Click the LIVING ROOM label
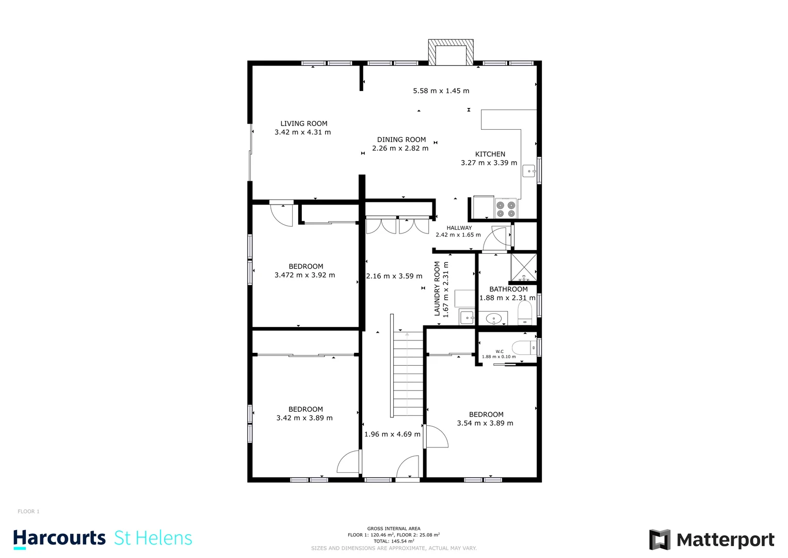pos(303,123)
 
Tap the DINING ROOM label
pos(401,139)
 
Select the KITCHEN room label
pos(490,154)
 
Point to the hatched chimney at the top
pos(451,52)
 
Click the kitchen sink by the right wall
pos(529,171)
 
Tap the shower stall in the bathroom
pos(523,267)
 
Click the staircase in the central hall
pos(408,375)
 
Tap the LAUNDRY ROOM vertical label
pos(437,288)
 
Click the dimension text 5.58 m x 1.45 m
pos(441,91)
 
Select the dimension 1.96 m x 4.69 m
pos(392,434)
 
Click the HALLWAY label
pos(459,228)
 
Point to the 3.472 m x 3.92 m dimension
pos(304,275)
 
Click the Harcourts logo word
pos(59,538)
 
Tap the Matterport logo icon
pos(660,540)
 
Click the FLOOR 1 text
pos(28,512)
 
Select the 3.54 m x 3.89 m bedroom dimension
pos(485,423)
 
